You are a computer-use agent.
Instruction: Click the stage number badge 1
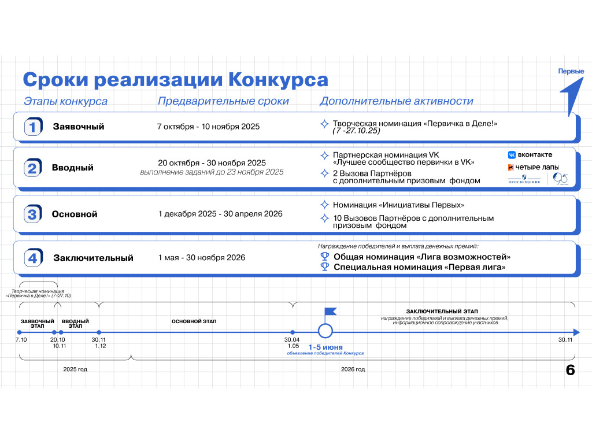click(x=33, y=127)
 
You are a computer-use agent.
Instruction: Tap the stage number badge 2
click(x=33, y=168)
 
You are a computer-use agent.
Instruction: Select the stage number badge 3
click(x=33, y=214)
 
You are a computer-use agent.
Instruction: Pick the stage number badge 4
click(x=33, y=258)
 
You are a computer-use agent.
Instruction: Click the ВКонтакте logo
click(x=530, y=155)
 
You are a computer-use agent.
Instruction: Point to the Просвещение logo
click(x=524, y=179)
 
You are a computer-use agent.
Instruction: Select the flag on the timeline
click(x=330, y=313)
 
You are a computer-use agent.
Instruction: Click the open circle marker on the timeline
click(x=325, y=331)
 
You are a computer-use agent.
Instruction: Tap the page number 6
click(x=571, y=371)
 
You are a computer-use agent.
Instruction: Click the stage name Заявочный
click(x=79, y=127)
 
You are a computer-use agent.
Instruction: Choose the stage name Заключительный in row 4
click(x=93, y=258)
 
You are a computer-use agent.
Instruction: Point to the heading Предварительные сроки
click(x=223, y=101)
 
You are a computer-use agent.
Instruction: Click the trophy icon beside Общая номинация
click(x=325, y=257)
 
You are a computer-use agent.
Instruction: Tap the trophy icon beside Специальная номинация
click(x=325, y=267)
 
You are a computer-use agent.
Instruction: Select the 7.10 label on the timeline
click(x=21, y=340)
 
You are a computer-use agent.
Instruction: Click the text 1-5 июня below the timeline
click(x=325, y=347)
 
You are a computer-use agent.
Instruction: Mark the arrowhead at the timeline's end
click(x=576, y=332)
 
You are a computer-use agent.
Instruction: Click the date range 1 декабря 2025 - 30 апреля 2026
click(x=220, y=214)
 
